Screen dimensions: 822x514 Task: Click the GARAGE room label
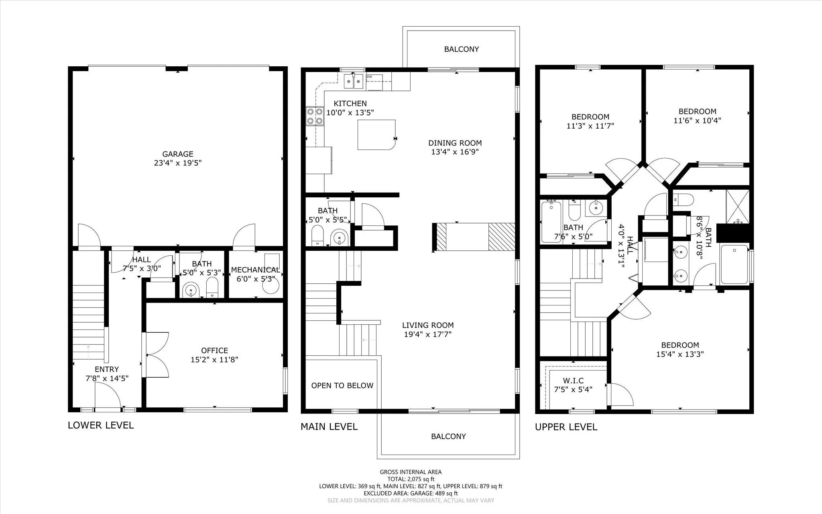tap(177, 154)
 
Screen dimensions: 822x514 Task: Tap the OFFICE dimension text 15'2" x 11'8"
tap(214, 360)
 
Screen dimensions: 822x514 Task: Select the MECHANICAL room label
tap(255, 270)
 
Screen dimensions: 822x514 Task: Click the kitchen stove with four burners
tap(315, 116)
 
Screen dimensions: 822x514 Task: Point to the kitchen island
tap(376, 135)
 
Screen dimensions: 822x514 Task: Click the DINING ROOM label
tap(455, 143)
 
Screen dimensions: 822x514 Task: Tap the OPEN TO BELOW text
tap(342, 385)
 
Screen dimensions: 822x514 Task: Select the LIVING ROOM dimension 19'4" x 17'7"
tap(428, 334)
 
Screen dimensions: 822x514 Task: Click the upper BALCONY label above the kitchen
tap(461, 49)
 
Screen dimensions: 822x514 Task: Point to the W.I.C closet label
tap(573, 380)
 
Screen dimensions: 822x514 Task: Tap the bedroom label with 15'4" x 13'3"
tap(680, 345)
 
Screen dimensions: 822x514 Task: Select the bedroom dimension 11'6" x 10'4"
tap(697, 120)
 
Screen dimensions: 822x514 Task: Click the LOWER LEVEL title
tap(101, 425)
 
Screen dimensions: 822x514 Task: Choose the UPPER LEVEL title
tap(566, 427)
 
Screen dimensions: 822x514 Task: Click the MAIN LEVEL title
tap(329, 426)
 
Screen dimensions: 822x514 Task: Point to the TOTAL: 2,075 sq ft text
tap(411, 479)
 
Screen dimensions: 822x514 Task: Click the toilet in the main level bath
tap(317, 235)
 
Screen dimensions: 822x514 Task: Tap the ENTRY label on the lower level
tap(107, 369)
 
